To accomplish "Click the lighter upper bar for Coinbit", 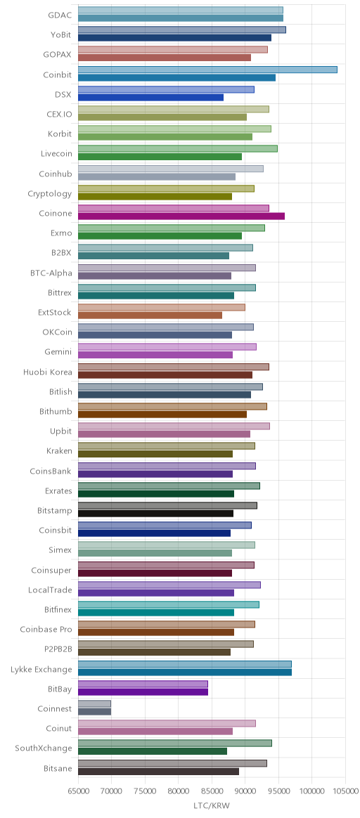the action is click(207, 70).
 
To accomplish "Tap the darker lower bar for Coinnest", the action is click(94, 712).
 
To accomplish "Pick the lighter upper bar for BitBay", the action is click(143, 684).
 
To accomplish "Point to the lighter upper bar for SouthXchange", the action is click(175, 744).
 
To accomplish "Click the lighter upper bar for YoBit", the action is click(182, 30).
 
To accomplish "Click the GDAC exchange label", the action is click(60, 15).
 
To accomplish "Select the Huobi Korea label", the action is click(48, 372).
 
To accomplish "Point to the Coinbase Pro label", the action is click(46, 630).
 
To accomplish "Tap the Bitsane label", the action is click(58, 768).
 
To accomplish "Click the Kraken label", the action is click(60, 451).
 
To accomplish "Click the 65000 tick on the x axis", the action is click(78, 791).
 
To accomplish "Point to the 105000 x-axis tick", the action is click(346, 791).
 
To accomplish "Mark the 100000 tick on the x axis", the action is click(312, 791).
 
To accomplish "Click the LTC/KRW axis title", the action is click(212, 806).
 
